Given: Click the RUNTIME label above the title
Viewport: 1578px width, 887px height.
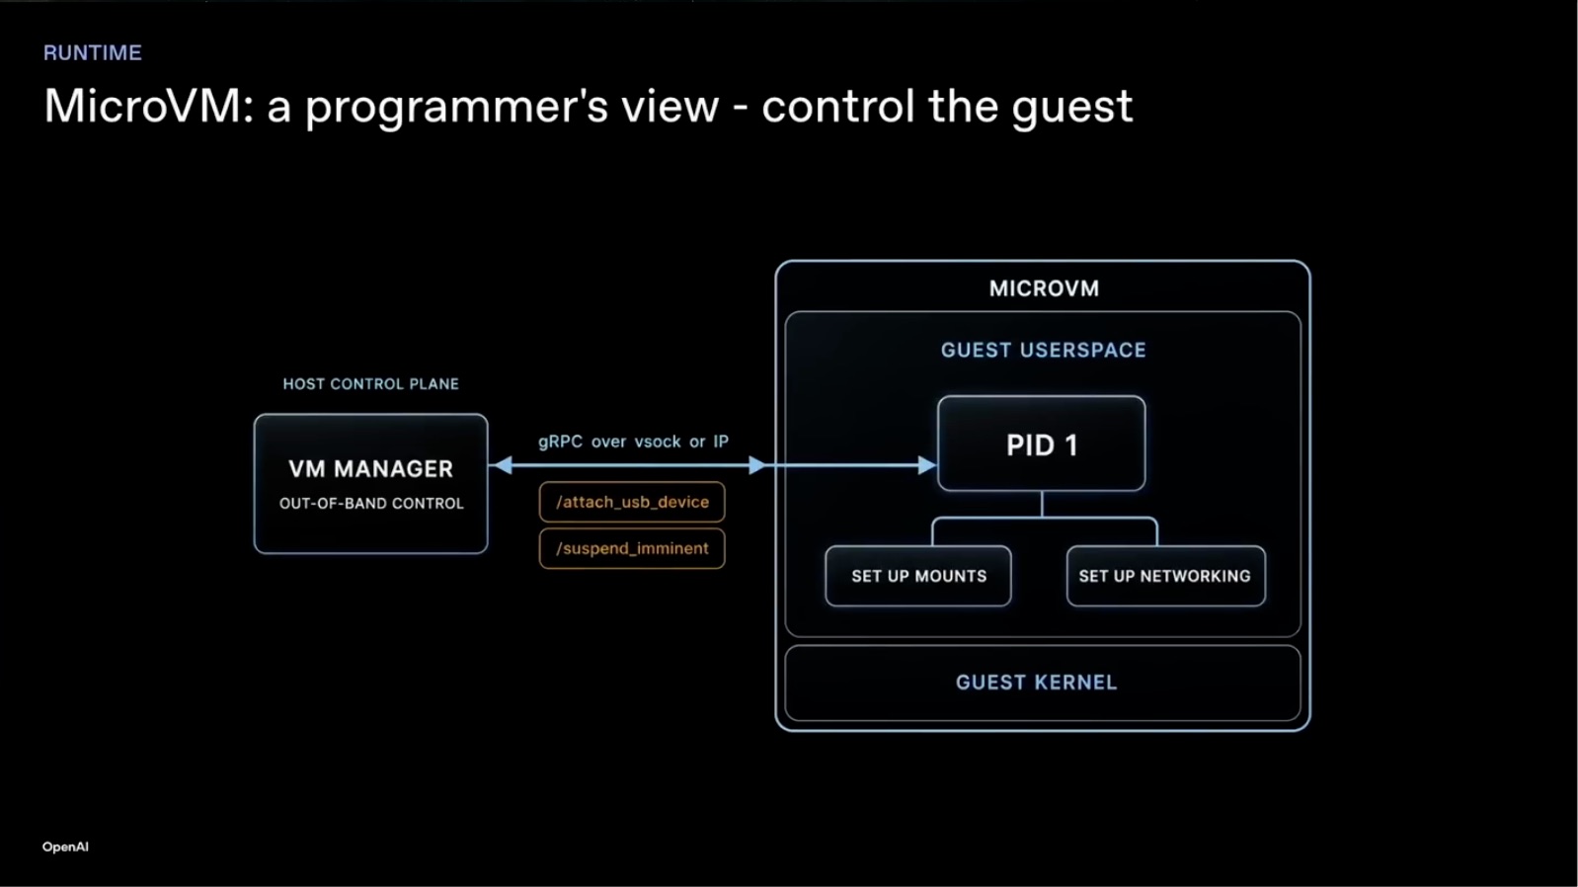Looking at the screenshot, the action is [x=92, y=52].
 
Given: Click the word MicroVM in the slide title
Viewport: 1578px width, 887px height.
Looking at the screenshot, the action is [x=143, y=106].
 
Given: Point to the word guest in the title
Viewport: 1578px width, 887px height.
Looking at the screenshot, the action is [x=1071, y=110].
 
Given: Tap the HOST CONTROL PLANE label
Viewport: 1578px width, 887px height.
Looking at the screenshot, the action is [x=370, y=384].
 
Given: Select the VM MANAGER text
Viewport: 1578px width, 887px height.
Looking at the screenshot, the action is [x=370, y=469].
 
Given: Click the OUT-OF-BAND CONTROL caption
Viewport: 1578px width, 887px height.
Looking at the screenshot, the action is [x=371, y=504].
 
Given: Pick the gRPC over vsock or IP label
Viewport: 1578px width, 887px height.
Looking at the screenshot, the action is [x=633, y=442].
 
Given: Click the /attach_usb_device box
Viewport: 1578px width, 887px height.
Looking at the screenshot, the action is [x=632, y=502].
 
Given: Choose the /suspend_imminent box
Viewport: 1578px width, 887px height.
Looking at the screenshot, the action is [x=632, y=548].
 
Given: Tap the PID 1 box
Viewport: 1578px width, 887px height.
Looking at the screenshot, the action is [x=1041, y=443].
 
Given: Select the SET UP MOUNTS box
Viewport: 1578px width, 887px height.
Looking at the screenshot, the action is [x=918, y=576].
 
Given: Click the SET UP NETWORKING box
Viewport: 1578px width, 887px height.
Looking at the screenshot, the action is [x=1166, y=576].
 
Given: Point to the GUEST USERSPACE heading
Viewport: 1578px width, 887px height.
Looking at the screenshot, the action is [x=1044, y=350].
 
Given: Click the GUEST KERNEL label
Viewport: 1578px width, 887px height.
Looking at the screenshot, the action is [x=1036, y=682].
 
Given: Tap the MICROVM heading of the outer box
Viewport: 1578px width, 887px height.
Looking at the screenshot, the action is [x=1044, y=288].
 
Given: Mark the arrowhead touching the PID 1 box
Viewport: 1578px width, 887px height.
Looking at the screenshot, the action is [x=928, y=465].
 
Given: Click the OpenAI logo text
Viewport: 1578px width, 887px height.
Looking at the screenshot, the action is [x=65, y=847].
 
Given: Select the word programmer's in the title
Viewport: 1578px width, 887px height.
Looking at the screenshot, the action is [x=456, y=108].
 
